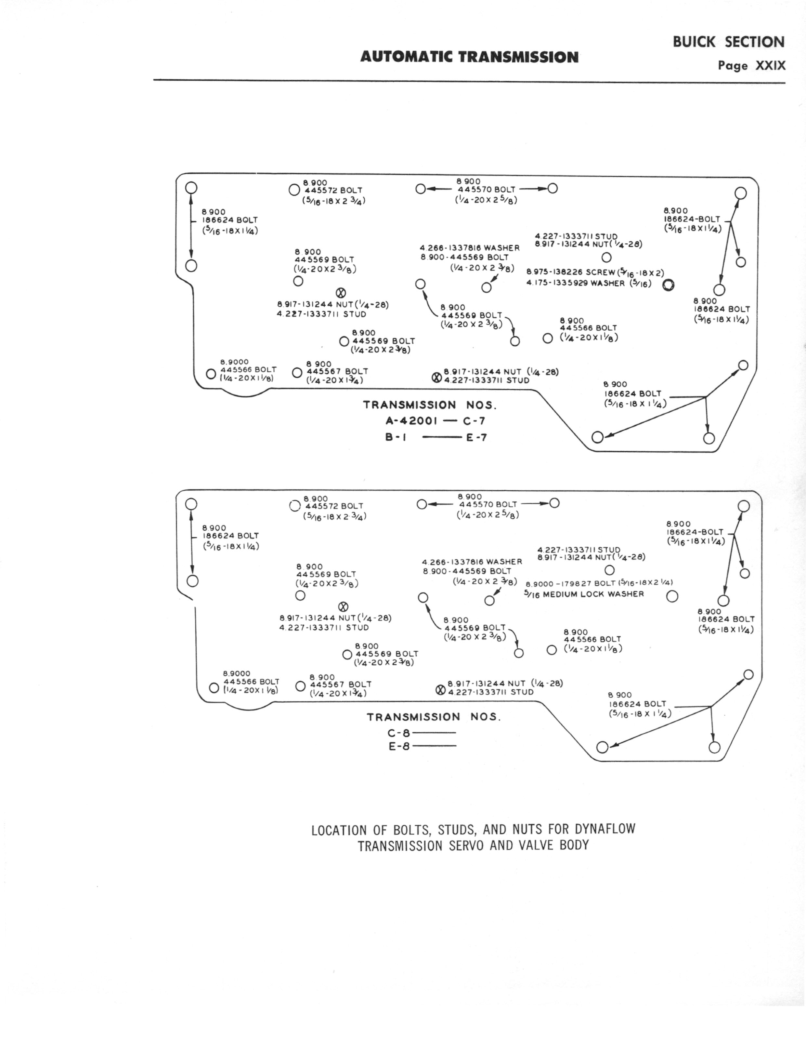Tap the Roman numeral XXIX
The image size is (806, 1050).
(x=771, y=66)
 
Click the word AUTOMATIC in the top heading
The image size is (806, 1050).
(x=407, y=57)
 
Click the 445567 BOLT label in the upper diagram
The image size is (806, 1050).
(x=337, y=371)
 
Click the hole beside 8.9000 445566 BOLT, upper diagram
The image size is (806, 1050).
(x=211, y=374)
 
